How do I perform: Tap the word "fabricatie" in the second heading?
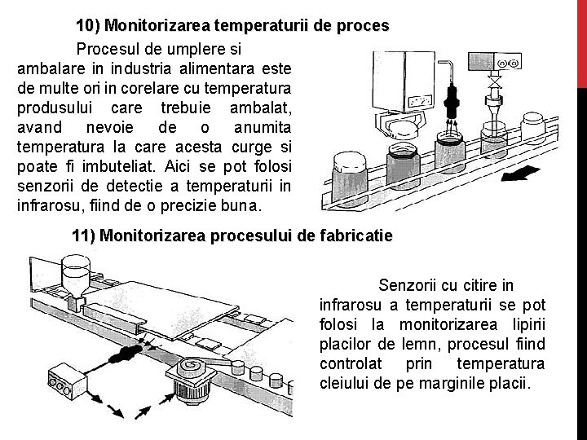[x=357, y=237]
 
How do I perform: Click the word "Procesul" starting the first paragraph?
[x=110, y=48]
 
